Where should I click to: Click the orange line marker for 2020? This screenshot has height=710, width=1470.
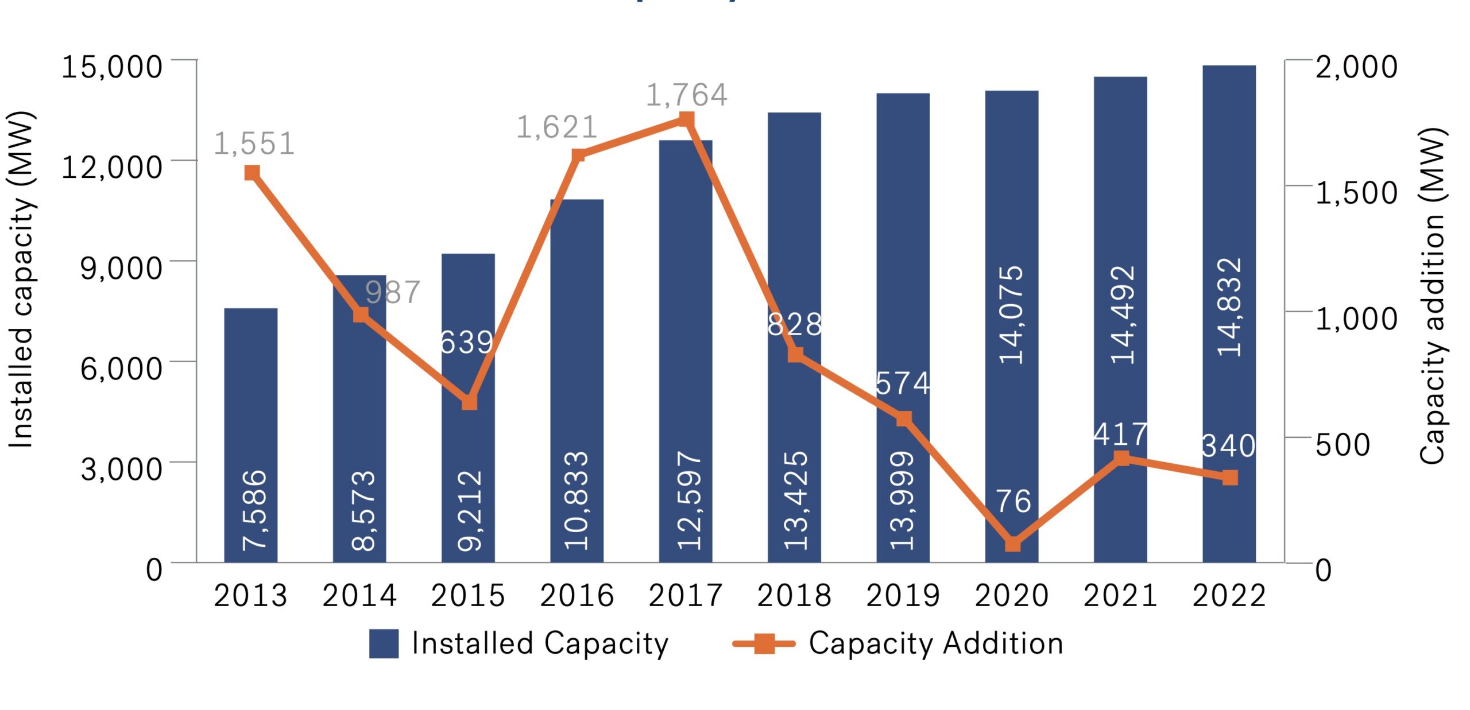1013,544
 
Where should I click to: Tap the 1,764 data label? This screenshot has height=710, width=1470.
687,95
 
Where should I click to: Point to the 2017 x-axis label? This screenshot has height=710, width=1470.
686,595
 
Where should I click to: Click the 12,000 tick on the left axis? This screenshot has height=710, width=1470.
112,167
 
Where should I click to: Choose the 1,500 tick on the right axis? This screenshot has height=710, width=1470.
1356,192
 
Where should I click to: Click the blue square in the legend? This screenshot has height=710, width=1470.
384,643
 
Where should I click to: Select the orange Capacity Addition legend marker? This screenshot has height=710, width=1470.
764,643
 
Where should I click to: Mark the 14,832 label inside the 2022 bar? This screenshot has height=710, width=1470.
1229,307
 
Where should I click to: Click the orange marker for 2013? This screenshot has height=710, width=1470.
252,173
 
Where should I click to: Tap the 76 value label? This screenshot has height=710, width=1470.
1013,501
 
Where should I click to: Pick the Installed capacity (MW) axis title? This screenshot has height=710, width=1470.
22,280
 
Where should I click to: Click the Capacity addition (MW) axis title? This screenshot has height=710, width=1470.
1433,296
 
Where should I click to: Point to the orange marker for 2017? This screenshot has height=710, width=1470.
686,119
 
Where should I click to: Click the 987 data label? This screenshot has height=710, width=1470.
393,292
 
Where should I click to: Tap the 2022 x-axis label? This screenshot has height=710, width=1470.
1229,595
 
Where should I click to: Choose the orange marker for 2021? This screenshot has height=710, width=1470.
1121,457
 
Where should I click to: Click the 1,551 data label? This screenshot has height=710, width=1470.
254,143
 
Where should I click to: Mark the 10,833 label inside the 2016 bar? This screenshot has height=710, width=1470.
577,500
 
